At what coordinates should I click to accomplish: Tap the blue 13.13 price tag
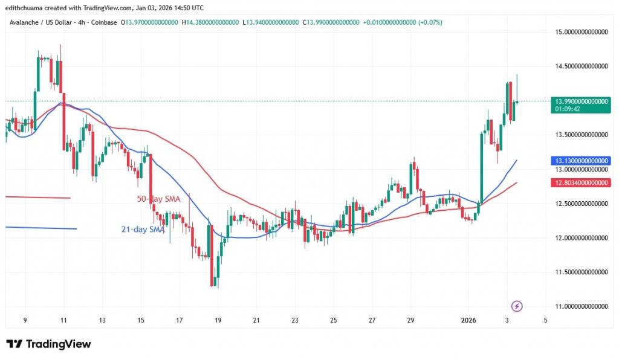(580, 161)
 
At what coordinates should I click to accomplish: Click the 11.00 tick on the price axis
(580, 306)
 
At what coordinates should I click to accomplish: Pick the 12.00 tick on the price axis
(580, 237)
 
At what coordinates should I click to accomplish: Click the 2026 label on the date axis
(469, 320)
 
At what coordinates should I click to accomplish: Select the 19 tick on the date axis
(218, 320)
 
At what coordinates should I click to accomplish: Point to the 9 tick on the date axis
(24, 320)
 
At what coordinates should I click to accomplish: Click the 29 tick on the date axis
(410, 320)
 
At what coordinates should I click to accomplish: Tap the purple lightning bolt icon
(516, 306)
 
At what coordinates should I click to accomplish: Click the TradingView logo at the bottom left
(48, 344)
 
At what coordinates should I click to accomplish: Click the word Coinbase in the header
(105, 22)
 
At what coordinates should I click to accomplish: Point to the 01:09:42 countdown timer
(568, 109)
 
